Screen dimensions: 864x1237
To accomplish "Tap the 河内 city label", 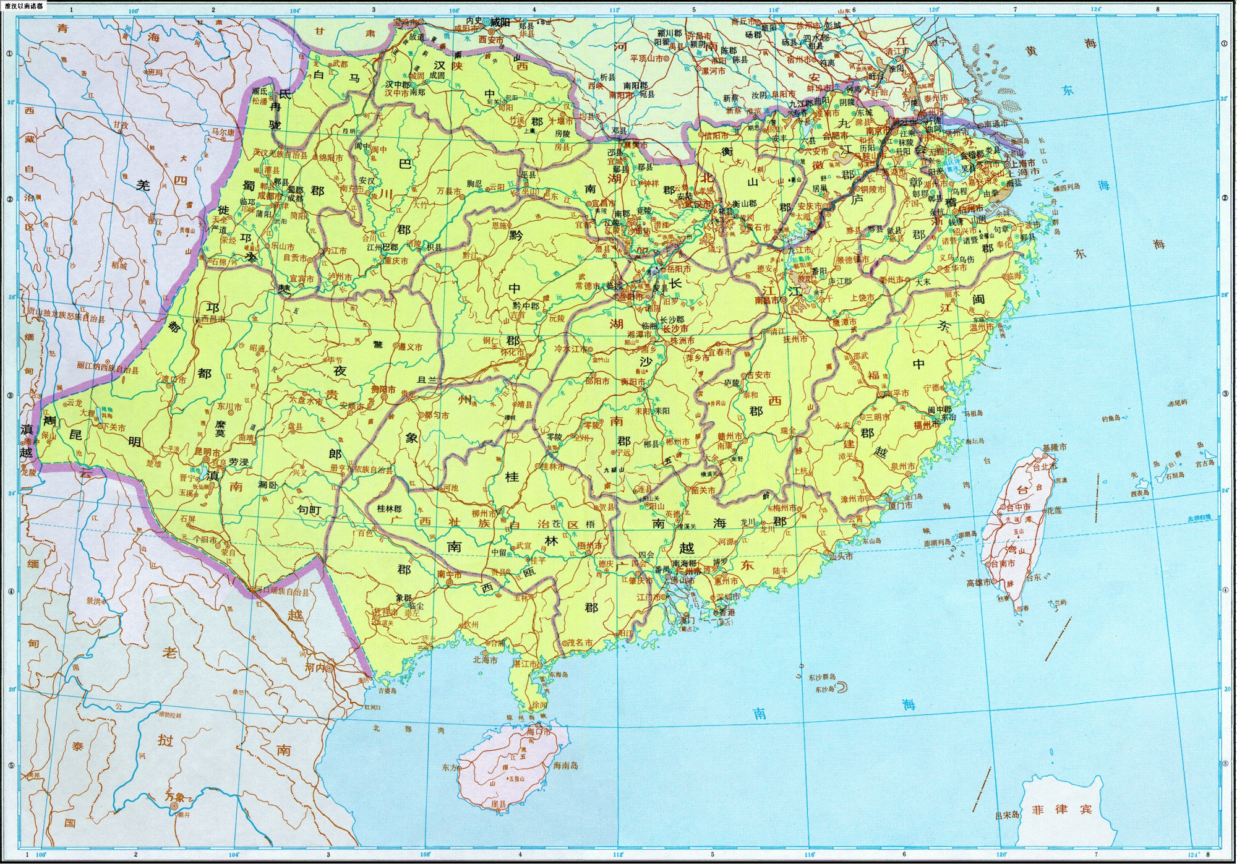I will point(315,668).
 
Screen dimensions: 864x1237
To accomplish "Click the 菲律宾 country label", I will point(1061,809).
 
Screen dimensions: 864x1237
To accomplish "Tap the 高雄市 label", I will point(978,583).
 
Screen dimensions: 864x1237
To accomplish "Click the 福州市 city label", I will point(927,425).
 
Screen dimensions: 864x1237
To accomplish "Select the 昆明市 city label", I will point(208,453).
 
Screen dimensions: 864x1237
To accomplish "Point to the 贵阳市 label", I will point(383,390).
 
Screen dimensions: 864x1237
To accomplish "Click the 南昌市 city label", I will point(767,301).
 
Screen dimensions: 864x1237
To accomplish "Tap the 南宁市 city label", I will point(450,575).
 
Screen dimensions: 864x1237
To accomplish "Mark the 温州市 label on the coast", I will point(982,327).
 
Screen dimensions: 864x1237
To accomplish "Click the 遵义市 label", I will point(410,347).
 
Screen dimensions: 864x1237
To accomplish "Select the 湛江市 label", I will point(524,664).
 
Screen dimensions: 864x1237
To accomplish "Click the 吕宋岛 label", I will point(1006,816).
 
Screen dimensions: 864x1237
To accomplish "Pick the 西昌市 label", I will point(213,319).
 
